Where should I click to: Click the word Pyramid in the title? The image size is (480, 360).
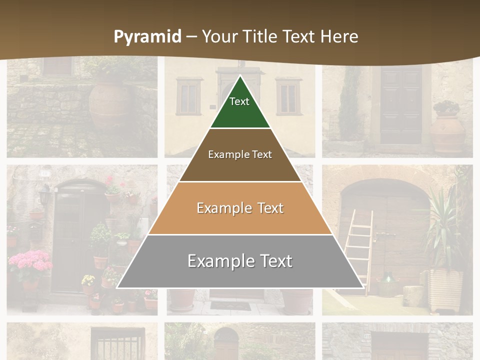[x=147, y=37]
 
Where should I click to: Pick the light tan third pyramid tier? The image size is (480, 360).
[x=240, y=208]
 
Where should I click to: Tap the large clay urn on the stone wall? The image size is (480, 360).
[x=109, y=105]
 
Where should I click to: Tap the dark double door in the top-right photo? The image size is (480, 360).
[x=401, y=105]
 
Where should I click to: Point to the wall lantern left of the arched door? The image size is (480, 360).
[x=45, y=196]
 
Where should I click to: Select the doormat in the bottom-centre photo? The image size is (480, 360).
[x=230, y=305]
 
